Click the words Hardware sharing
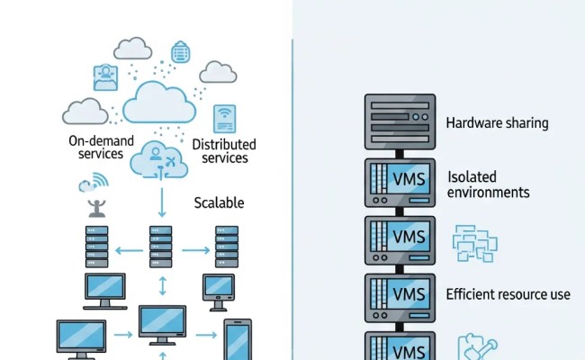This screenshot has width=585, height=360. tap(497, 122)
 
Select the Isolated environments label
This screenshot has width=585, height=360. tap(489, 184)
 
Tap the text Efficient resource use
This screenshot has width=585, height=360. tap(508, 294)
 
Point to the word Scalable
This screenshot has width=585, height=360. tap(219, 202)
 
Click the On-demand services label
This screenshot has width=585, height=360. tap(102, 148)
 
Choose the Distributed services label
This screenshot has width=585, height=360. tap(224, 151)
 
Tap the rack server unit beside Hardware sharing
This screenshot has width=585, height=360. tap(400, 122)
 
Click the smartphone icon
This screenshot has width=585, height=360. tap(238, 340)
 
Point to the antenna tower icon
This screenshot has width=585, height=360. tap(94, 209)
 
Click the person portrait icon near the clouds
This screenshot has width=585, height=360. tap(105, 78)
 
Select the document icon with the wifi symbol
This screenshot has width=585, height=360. tap(224, 118)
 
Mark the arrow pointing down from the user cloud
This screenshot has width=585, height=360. tap(162, 201)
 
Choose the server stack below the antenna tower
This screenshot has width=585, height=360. tap(97, 246)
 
